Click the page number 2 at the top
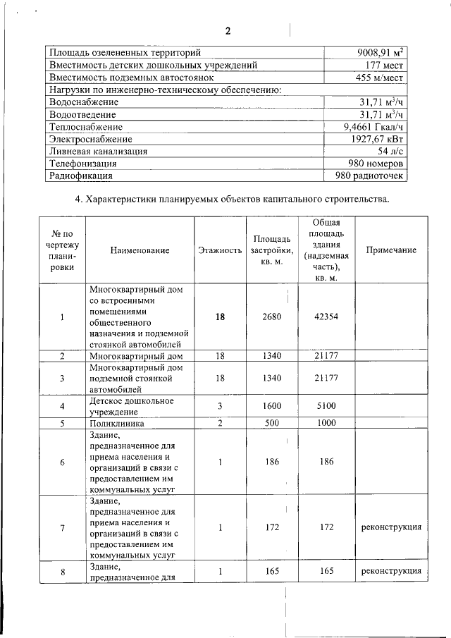point(228,31)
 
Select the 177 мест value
point(383,65)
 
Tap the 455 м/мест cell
point(380,77)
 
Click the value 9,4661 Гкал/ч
point(371,127)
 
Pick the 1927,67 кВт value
point(376,139)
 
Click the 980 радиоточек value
point(371,176)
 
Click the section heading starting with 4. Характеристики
point(232,200)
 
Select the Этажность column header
point(220,250)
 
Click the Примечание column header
point(391,250)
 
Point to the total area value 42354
point(326,317)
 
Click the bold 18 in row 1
point(220,317)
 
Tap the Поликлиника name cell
point(117,424)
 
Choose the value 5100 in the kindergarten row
point(326,405)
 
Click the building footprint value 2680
point(271,317)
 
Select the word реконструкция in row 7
point(391,527)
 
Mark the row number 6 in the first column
point(62,462)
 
